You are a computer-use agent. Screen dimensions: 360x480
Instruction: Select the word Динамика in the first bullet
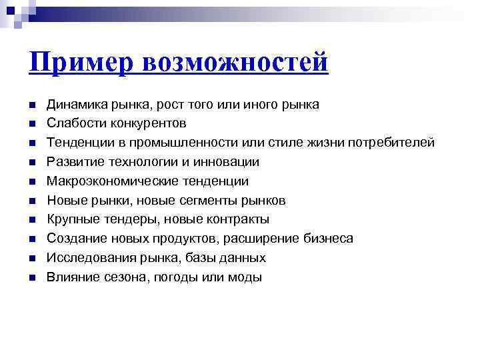click(73, 104)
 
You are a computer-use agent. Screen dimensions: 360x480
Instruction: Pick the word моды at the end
click(245, 277)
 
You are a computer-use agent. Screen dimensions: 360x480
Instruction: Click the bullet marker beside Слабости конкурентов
click(31, 124)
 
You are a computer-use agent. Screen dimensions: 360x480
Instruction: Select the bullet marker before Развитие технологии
click(31, 162)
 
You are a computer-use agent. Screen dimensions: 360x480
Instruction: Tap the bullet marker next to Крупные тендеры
click(31, 219)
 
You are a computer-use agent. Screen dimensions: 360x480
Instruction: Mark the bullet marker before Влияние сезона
click(31, 277)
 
